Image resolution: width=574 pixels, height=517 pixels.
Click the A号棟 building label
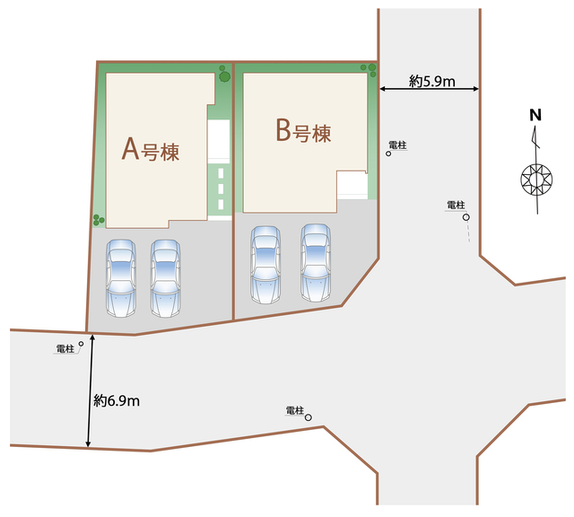pyautogui.click(x=151, y=150)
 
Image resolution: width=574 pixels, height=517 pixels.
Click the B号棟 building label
pyautogui.click(x=303, y=131)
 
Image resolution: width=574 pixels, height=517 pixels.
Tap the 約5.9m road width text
pyautogui.click(x=432, y=81)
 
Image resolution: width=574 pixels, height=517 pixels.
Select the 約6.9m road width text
pyautogui.click(x=117, y=400)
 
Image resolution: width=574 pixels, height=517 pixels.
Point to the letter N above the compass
pyautogui.click(x=535, y=115)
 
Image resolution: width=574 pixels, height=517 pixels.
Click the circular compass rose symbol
pyautogui.click(x=536, y=180)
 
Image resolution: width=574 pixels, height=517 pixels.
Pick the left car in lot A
pyautogui.click(x=121, y=278)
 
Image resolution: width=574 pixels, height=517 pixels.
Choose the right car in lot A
pyautogui.click(x=165, y=278)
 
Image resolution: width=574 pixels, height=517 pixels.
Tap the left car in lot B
pyautogui.click(x=265, y=265)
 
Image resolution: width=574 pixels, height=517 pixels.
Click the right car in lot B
pyautogui.click(x=316, y=263)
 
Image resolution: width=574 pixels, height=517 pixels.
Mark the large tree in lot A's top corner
pyautogui.click(x=225, y=76)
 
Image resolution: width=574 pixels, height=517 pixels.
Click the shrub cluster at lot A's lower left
pyautogui.click(x=99, y=220)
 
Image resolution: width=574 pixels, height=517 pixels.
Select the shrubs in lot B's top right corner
pyautogui.click(x=369, y=70)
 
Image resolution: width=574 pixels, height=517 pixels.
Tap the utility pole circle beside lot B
pyautogui.click(x=388, y=153)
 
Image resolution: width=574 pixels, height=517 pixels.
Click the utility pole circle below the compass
pyautogui.click(x=466, y=217)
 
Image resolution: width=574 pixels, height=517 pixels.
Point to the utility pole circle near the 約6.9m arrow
pyautogui.click(x=81, y=344)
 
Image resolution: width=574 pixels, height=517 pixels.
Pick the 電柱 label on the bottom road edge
pyautogui.click(x=295, y=410)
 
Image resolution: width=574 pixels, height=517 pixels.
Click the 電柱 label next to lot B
pyautogui.click(x=397, y=145)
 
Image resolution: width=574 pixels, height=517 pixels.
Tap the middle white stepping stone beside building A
pyautogui.click(x=221, y=188)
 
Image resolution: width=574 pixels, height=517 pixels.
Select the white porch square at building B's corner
pyautogui.click(x=352, y=185)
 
